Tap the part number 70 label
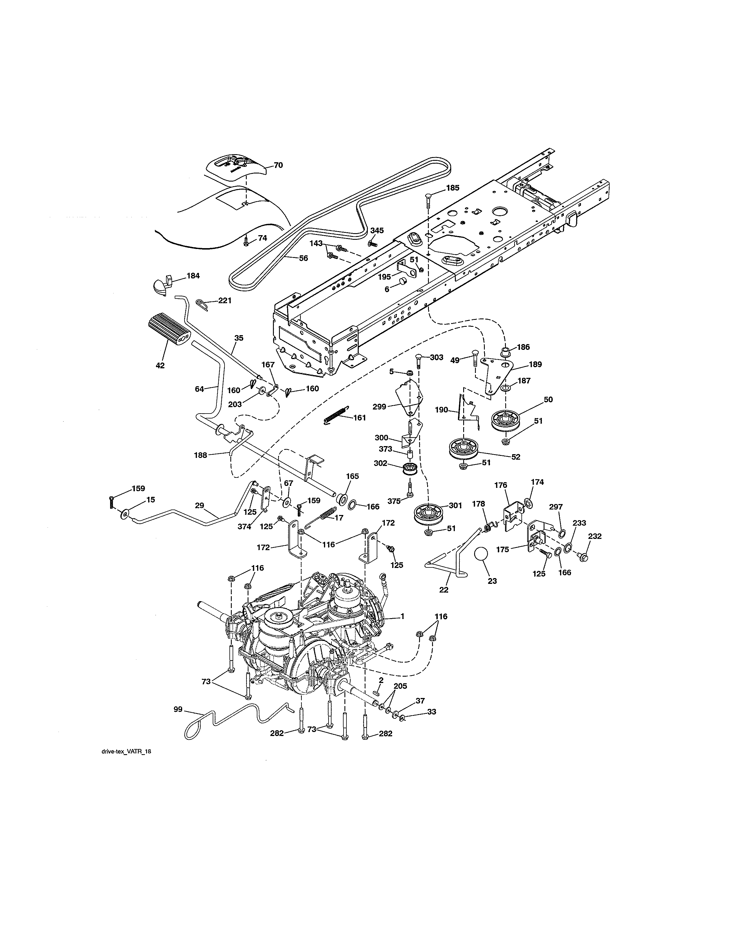[x=278, y=165]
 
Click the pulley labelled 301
[x=427, y=515]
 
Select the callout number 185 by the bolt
[x=453, y=188]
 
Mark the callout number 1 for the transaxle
[x=402, y=616]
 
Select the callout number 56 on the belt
[x=303, y=258]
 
